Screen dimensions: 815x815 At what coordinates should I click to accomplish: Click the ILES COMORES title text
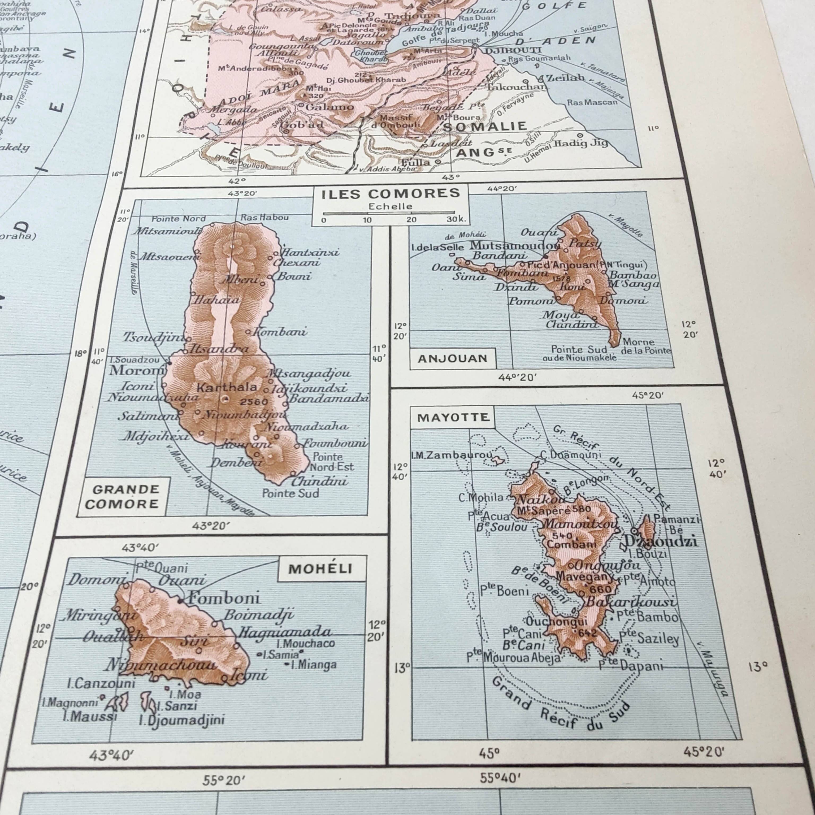click(390, 194)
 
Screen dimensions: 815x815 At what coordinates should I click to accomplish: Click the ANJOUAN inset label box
click(452, 359)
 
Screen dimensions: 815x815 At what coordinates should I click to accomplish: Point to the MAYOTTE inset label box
click(453, 418)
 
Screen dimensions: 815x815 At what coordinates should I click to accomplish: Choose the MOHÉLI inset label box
click(320, 569)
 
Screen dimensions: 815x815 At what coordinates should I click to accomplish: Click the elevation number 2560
click(254, 402)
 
